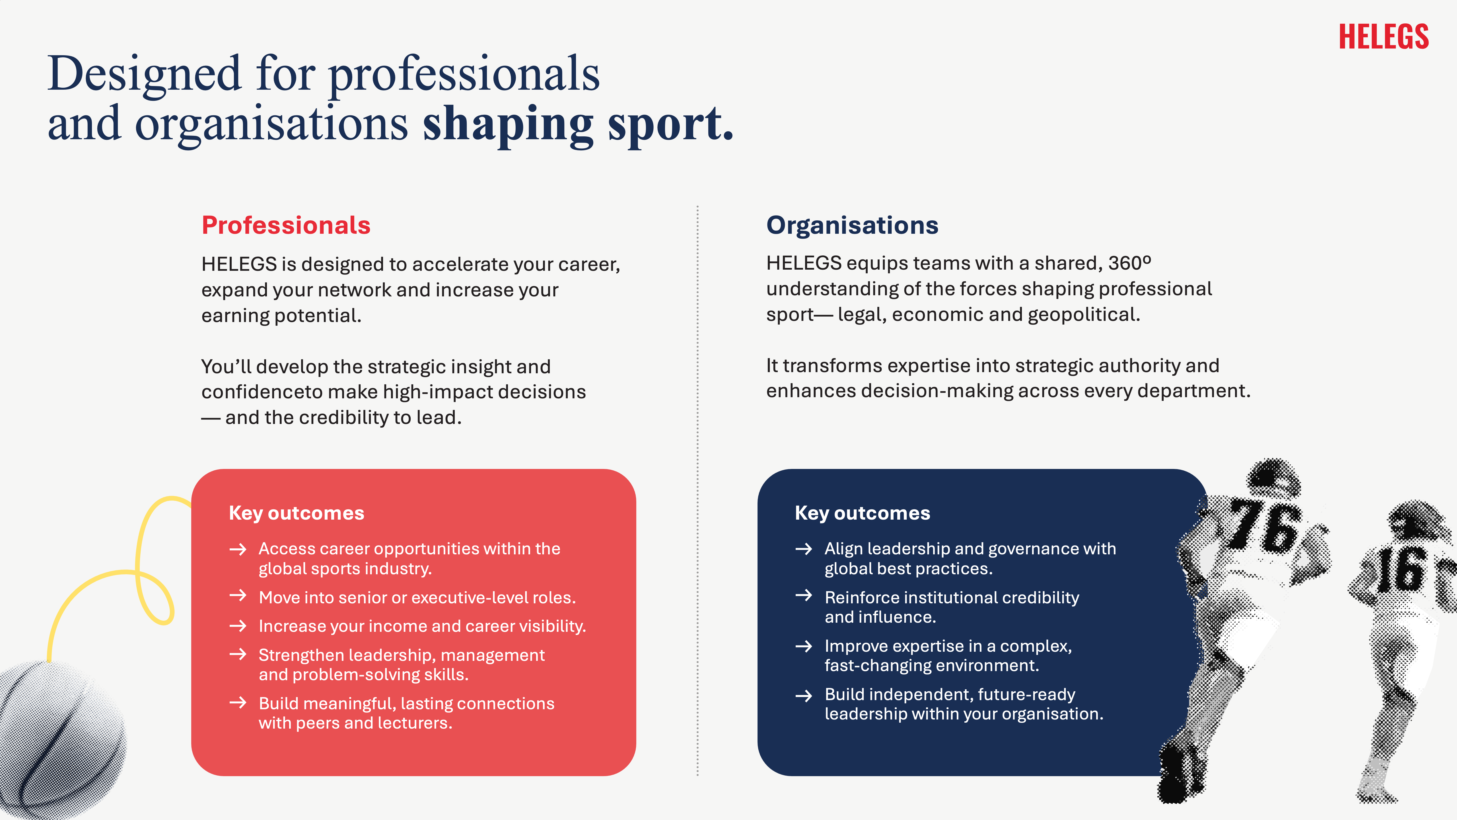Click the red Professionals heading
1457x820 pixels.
(x=286, y=225)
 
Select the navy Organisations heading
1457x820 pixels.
(x=852, y=225)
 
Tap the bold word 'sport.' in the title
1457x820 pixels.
(x=671, y=124)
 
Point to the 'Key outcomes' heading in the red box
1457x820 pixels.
(x=296, y=513)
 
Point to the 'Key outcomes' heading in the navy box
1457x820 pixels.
(x=862, y=513)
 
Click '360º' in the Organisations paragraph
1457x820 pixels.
(x=1129, y=263)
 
